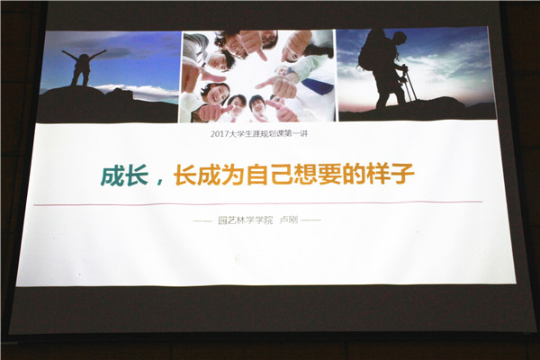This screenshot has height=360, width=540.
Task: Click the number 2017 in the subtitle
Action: click(x=218, y=134)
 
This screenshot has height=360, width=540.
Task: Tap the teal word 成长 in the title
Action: click(x=125, y=175)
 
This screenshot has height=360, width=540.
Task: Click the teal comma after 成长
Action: click(x=160, y=182)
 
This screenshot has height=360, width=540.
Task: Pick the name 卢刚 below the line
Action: click(x=288, y=220)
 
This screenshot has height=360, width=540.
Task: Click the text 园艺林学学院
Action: click(x=245, y=220)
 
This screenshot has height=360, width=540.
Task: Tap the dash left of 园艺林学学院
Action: click(x=202, y=220)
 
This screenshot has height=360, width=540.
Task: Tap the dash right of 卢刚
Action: click(x=311, y=220)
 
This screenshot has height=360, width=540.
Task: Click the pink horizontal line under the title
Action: click(x=258, y=203)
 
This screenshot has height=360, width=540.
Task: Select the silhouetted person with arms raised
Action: click(x=82, y=67)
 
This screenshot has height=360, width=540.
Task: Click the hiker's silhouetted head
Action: click(x=399, y=38)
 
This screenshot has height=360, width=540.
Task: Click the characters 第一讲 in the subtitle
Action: click(x=298, y=134)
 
